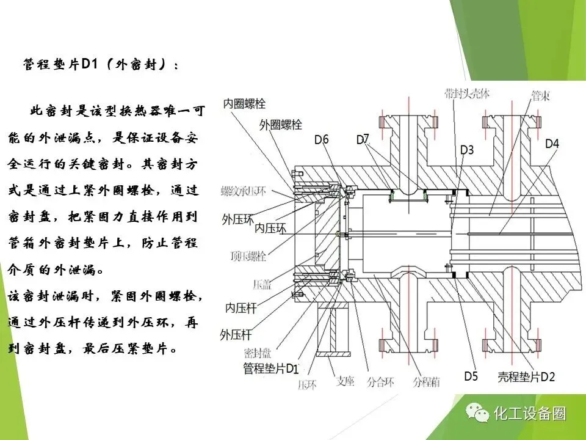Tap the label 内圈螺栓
244,103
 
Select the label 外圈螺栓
280,125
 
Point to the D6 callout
322,140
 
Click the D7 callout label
363,140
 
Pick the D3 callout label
467,149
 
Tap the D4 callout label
552,144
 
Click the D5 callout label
470,376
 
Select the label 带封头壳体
467,94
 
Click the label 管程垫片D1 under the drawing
270,369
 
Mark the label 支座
345,383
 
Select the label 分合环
380,383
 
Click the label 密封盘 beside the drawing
258,353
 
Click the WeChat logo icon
475,414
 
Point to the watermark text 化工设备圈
529,414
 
